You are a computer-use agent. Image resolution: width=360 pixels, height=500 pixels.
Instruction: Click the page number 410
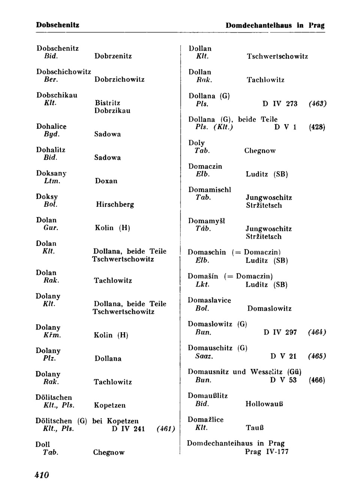pos(42,475)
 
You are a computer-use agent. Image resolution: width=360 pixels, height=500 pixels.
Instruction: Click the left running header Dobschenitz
pos(57,25)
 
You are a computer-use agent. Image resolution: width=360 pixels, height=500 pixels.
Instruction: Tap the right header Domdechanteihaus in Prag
pos(275,26)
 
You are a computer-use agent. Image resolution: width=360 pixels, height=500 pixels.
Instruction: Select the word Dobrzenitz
pos(113,56)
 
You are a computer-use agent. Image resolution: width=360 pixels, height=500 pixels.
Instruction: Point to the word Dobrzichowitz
pos(119,80)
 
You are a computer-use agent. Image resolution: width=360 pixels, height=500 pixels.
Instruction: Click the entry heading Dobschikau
pos(57,95)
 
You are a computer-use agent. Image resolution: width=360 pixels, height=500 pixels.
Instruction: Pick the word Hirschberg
pos(115,205)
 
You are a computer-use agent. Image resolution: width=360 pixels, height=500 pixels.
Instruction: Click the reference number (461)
pos(166,429)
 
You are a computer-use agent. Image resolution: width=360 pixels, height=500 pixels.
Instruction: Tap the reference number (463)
pos(318,104)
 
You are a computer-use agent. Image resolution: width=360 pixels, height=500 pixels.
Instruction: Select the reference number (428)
pos(317,127)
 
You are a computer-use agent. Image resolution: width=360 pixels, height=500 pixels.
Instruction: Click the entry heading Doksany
pos(51,173)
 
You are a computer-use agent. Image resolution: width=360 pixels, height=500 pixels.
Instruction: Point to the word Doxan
pos(106,181)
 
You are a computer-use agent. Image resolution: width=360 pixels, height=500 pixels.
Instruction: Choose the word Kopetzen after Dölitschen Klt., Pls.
pos(109,405)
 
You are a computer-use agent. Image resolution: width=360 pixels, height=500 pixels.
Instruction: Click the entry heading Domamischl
pos(210,190)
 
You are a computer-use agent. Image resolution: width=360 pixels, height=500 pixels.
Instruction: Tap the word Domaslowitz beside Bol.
pos(269,309)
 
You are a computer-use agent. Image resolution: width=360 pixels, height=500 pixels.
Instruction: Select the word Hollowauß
pos(264,404)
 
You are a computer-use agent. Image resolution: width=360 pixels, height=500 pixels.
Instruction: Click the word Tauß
pos(255,428)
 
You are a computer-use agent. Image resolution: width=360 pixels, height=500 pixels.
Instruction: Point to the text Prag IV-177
pos(267,452)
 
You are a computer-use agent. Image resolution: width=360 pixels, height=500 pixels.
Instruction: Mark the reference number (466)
pos(317,380)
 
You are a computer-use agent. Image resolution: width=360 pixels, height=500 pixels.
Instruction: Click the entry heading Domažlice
pos(205,419)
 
